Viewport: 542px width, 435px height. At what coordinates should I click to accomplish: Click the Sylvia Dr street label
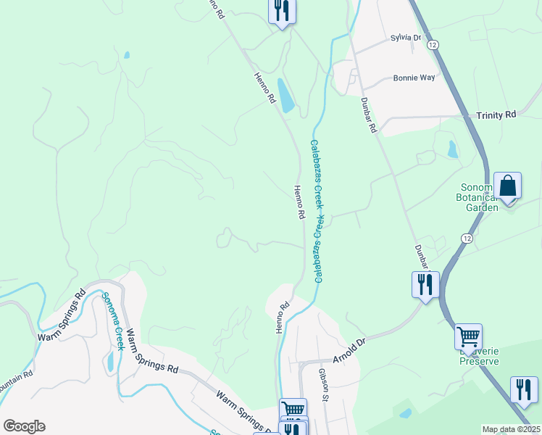click(x=406, y=38)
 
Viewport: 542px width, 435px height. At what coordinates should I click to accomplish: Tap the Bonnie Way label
click(x=414, y=78)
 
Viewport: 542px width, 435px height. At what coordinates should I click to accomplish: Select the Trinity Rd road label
click(x=496, y=115)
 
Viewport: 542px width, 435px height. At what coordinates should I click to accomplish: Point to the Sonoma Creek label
click(x=114, y=321)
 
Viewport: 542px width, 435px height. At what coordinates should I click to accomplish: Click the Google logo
click(x=24, y=426)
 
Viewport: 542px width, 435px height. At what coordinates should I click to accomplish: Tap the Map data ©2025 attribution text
click(x=511, y=429)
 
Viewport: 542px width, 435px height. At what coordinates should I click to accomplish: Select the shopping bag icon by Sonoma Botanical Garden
click(x=508, y=186)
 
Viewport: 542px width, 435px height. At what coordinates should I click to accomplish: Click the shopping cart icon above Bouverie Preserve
click(x=468, y=337)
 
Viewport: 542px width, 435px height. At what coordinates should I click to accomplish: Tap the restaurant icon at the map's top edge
click(x=281, y=10)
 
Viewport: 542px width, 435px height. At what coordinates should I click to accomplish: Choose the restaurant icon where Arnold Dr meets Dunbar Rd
click(x=425, y=283)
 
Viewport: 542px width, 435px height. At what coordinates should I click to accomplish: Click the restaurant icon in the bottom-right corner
click(x=523, y=389)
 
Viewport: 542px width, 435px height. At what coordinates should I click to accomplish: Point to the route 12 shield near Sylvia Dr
click(x=433, y=45)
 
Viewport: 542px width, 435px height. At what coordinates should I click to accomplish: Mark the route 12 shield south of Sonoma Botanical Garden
click(x=467, y=237)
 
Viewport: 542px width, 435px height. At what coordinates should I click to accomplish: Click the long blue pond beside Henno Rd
click(x=286, y=96)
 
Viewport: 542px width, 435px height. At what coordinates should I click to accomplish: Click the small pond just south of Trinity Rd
click(x=453, y=149)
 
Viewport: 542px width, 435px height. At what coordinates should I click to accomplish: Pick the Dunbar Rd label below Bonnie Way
click(x=369, y=116)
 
